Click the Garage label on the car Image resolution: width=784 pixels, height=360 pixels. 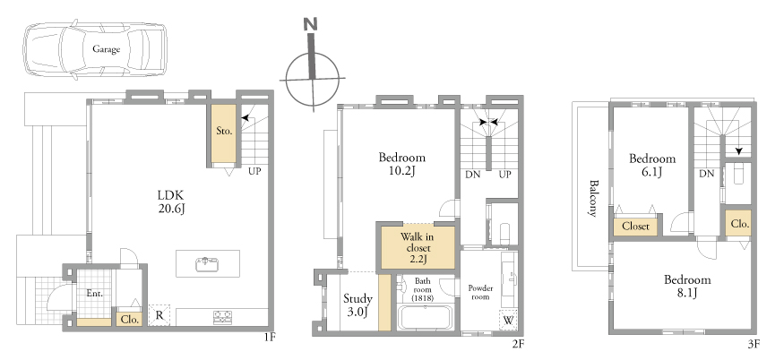(106, 49)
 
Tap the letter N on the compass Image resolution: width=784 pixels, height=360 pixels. (311, 24)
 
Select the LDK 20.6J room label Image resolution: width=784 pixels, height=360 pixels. (171, 201)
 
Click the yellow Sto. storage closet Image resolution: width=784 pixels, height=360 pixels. (223, 133)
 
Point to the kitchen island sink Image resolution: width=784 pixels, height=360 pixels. (208, 263)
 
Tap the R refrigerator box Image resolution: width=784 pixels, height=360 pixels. (159, 315)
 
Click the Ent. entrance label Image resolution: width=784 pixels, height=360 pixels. (94, 294)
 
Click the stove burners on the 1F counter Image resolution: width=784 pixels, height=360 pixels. (222, 316)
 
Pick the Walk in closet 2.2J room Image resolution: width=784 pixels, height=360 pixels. (416, 247)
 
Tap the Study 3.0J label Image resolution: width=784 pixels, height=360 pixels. (358, 305)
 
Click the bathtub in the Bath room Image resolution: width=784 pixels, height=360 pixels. (425, 317)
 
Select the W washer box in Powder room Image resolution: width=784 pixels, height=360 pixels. (508, 320)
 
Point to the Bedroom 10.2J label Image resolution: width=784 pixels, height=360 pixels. (402, 164)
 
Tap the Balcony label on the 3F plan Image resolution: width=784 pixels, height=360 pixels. (593, 198)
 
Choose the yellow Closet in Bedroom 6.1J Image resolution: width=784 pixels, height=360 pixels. (635, 226)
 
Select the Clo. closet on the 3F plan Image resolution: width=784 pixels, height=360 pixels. (739, 224)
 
